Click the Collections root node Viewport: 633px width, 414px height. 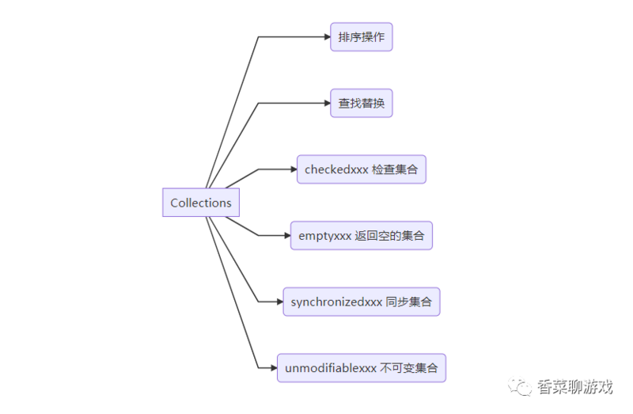(200, 203)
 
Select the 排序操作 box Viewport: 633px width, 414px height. (361, 37)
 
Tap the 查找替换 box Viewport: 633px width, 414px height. (361, 103)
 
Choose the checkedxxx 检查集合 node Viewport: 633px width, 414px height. (361, 169)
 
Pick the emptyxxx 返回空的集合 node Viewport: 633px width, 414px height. (361, 236)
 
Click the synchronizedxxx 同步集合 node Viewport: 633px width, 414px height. (361, 302)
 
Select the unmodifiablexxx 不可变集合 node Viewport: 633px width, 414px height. (361, 368)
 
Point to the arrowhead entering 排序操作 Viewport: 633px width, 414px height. (325, 37)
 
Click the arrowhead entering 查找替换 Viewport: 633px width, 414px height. (325, 103)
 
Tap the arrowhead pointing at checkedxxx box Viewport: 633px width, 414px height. (292, 169)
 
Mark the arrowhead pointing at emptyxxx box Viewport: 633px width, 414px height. (286, 236)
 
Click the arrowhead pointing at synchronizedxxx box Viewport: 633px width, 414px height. (279, 302)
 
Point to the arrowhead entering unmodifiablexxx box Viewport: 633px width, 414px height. (272, 368)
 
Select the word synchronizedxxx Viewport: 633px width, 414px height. (336, 302)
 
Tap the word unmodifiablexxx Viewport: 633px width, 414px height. (330, 368)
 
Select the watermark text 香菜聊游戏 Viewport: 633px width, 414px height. (575, 387)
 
